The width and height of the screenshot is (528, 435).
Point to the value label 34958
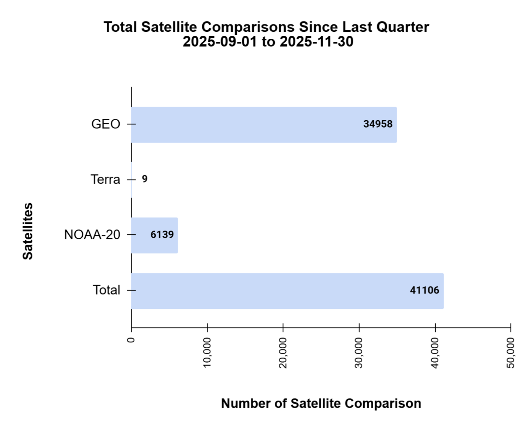[378, 124]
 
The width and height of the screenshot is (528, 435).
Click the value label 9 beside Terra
[145, 179]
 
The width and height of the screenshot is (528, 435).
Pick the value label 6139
[162, 235]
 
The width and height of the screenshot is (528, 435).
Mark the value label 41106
[425, 290]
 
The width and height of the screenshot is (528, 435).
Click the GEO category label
[106, 124]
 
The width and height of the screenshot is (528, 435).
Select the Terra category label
[105, 180]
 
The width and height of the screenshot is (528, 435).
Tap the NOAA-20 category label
[92, 235]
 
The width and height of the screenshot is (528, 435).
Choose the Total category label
[106, 290]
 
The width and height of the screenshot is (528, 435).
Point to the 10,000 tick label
[207, 352]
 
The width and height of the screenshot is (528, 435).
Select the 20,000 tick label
[283, 352]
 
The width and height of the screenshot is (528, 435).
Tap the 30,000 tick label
[359, 352]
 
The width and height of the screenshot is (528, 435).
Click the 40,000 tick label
[435, 352]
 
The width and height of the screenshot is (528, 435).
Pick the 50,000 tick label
[511, 352]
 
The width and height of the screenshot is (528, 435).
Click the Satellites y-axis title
[28, 231]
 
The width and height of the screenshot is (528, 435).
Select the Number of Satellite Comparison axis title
[321, 403]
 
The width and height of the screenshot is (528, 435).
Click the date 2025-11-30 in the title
[316, 42]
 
